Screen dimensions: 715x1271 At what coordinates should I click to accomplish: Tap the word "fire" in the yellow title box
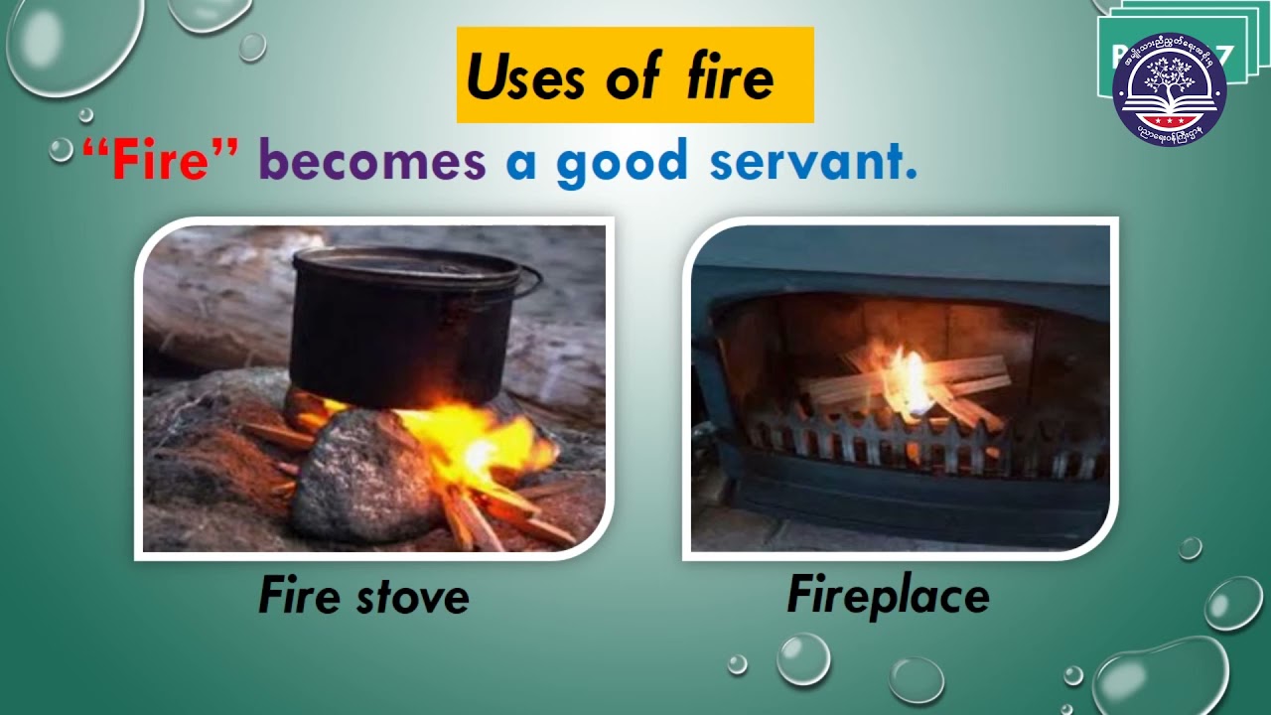tap(730, 77)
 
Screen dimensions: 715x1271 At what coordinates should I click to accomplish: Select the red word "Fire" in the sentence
tap(160, 162)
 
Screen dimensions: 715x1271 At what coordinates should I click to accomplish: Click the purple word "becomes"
tap(372, 162)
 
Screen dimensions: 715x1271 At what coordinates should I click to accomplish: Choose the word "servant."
tap(813, 162)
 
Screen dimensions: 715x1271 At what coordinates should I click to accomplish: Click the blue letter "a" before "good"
tap(521, 165)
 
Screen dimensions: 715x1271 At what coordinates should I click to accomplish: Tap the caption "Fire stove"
tap(363, 597)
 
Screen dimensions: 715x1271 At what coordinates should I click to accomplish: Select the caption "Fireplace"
tap(888, 596)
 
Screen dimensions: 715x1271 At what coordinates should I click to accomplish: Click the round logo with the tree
tap(1170, 90)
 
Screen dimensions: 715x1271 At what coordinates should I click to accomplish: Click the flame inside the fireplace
tap(909, 382)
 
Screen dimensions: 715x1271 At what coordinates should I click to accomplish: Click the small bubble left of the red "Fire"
tap(62, 149)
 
